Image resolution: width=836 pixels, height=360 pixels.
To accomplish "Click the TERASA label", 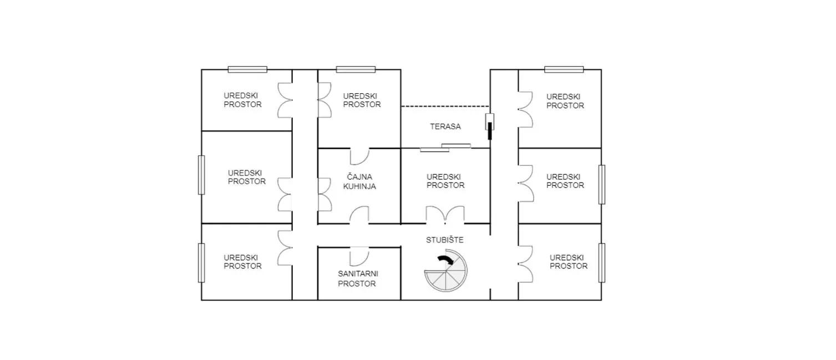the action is click(x=445, y=126).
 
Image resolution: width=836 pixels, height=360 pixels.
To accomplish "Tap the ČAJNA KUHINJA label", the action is click(x=359, y=181).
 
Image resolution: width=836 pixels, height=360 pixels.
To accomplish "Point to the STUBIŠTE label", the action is click(x=445, y=240).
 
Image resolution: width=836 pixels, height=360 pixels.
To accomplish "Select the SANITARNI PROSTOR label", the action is click(x=358, y=278).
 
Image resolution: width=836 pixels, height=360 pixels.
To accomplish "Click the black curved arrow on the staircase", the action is click(x=446, y=259).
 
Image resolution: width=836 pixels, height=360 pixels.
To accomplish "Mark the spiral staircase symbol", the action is click(x=446, y=271).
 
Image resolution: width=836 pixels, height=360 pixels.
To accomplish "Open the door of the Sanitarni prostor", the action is click(x=359, y=256).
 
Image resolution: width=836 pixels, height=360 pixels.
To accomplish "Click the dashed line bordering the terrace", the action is click(x=445, y=107).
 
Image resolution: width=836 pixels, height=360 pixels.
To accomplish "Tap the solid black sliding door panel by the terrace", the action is click(x=490, y=131).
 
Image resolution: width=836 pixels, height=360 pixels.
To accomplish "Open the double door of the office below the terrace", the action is click(x=445, y=215).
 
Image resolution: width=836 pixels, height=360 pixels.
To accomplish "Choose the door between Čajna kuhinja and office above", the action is click(x=360, y=156).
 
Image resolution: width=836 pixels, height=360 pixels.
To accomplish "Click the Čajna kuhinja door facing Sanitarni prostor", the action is click(x=359, y=215).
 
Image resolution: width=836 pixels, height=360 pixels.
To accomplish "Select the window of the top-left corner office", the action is click(x=247, y=69).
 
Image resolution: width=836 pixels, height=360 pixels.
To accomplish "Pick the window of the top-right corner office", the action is click(x=564, y=69).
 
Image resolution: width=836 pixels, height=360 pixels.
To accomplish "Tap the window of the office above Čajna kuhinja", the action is click(x=356, y=69).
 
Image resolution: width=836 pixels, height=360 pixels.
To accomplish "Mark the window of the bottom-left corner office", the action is click(x=201, y=263).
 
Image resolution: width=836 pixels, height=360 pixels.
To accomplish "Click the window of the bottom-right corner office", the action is click(x=602, y=263).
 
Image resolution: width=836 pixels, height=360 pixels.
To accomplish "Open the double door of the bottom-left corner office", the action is click(x=285, y=248).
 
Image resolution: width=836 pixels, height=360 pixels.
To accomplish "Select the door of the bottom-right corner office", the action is click(x=525, y=264).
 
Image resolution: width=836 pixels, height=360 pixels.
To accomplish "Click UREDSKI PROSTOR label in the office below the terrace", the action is click(x=445, y=181).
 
